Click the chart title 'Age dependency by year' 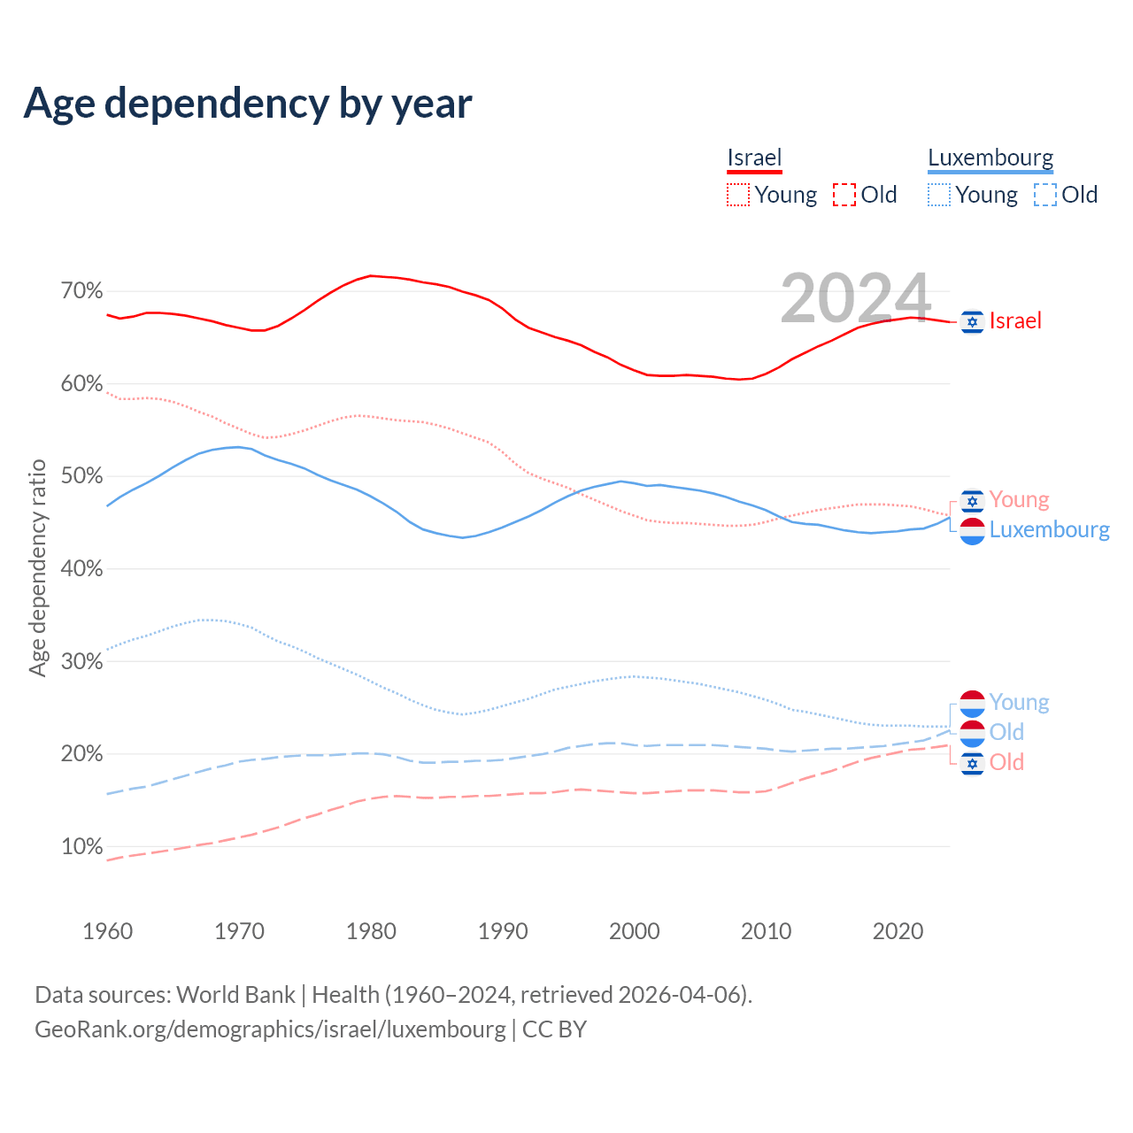[x=248, y=104]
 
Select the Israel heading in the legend [x=754, y=158]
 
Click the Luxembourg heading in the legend [x=990, y=158]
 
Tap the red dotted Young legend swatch [x=738, y=195]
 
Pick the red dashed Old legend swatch [x=844, y=195]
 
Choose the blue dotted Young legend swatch [x=939, y=195]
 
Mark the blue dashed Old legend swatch [x=1045, y=195]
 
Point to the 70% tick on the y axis [x=81, y=291]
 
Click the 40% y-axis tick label [x=81, y=569]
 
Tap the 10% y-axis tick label [x=81, y=847]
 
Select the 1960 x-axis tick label [x=107, y=931]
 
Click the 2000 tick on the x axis [x=635, y=931]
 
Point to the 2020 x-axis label [x=898, y=931]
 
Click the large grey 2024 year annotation [x=855, y=298]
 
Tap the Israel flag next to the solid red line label [x=972, y=321]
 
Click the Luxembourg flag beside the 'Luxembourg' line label [x=972, y=530]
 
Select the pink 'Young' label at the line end [x=1019, y=500]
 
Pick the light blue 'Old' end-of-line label [x=1006, y=732]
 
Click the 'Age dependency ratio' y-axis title [x=38, y=567]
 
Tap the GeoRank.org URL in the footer [x=270, y=1029]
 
